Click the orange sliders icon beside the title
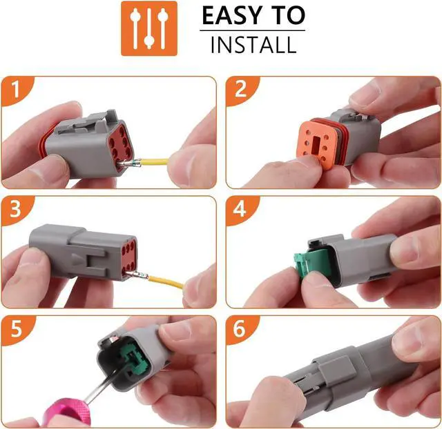[148, 28]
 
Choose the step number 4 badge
[240, 208]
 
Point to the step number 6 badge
[240, 328]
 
